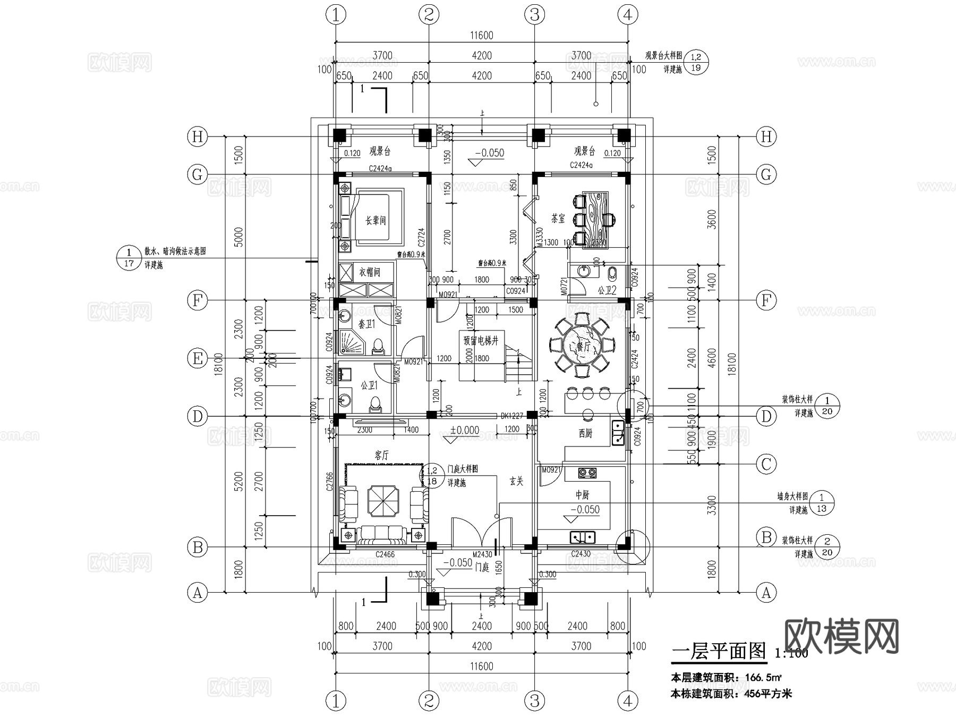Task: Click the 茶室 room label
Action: (x=558, y=218)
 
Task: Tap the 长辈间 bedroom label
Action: (x=375, y=220)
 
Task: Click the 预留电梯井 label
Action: (x=481, y=341)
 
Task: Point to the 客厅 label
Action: (x=381, y=455)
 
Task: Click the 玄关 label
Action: (x=516, y=481)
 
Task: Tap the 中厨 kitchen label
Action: (x=583, y=494)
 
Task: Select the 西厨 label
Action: (x=585, y=433)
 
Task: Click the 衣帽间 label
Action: (x=370, y=272)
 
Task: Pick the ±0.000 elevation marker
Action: (x=465, y=430)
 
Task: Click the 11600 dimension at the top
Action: (x=481, y=36)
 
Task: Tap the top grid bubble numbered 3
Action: (x=534, y=14)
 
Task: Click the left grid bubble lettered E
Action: (x=197, y=358)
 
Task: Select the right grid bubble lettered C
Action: (x=766, y=464)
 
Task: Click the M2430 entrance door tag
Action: (x=482, y=554)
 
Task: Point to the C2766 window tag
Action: (x=329, y=481)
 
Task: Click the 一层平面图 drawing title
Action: (x=719, y=651)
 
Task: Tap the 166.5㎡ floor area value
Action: (x=763, y=678)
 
